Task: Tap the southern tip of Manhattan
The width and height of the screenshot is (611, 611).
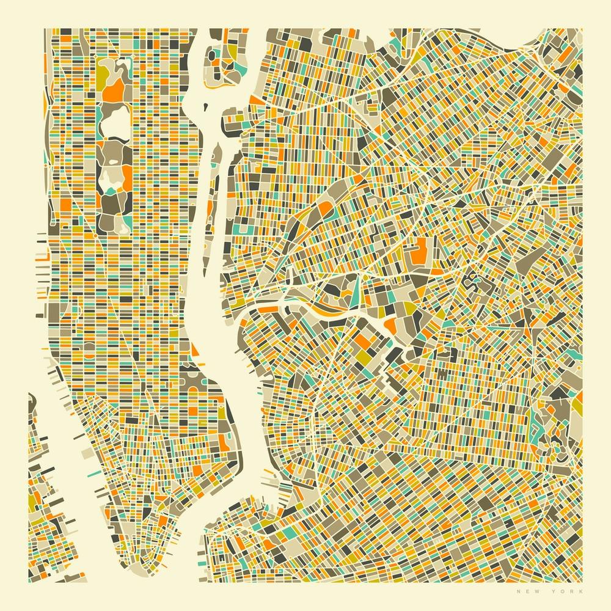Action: pos(131,559)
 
